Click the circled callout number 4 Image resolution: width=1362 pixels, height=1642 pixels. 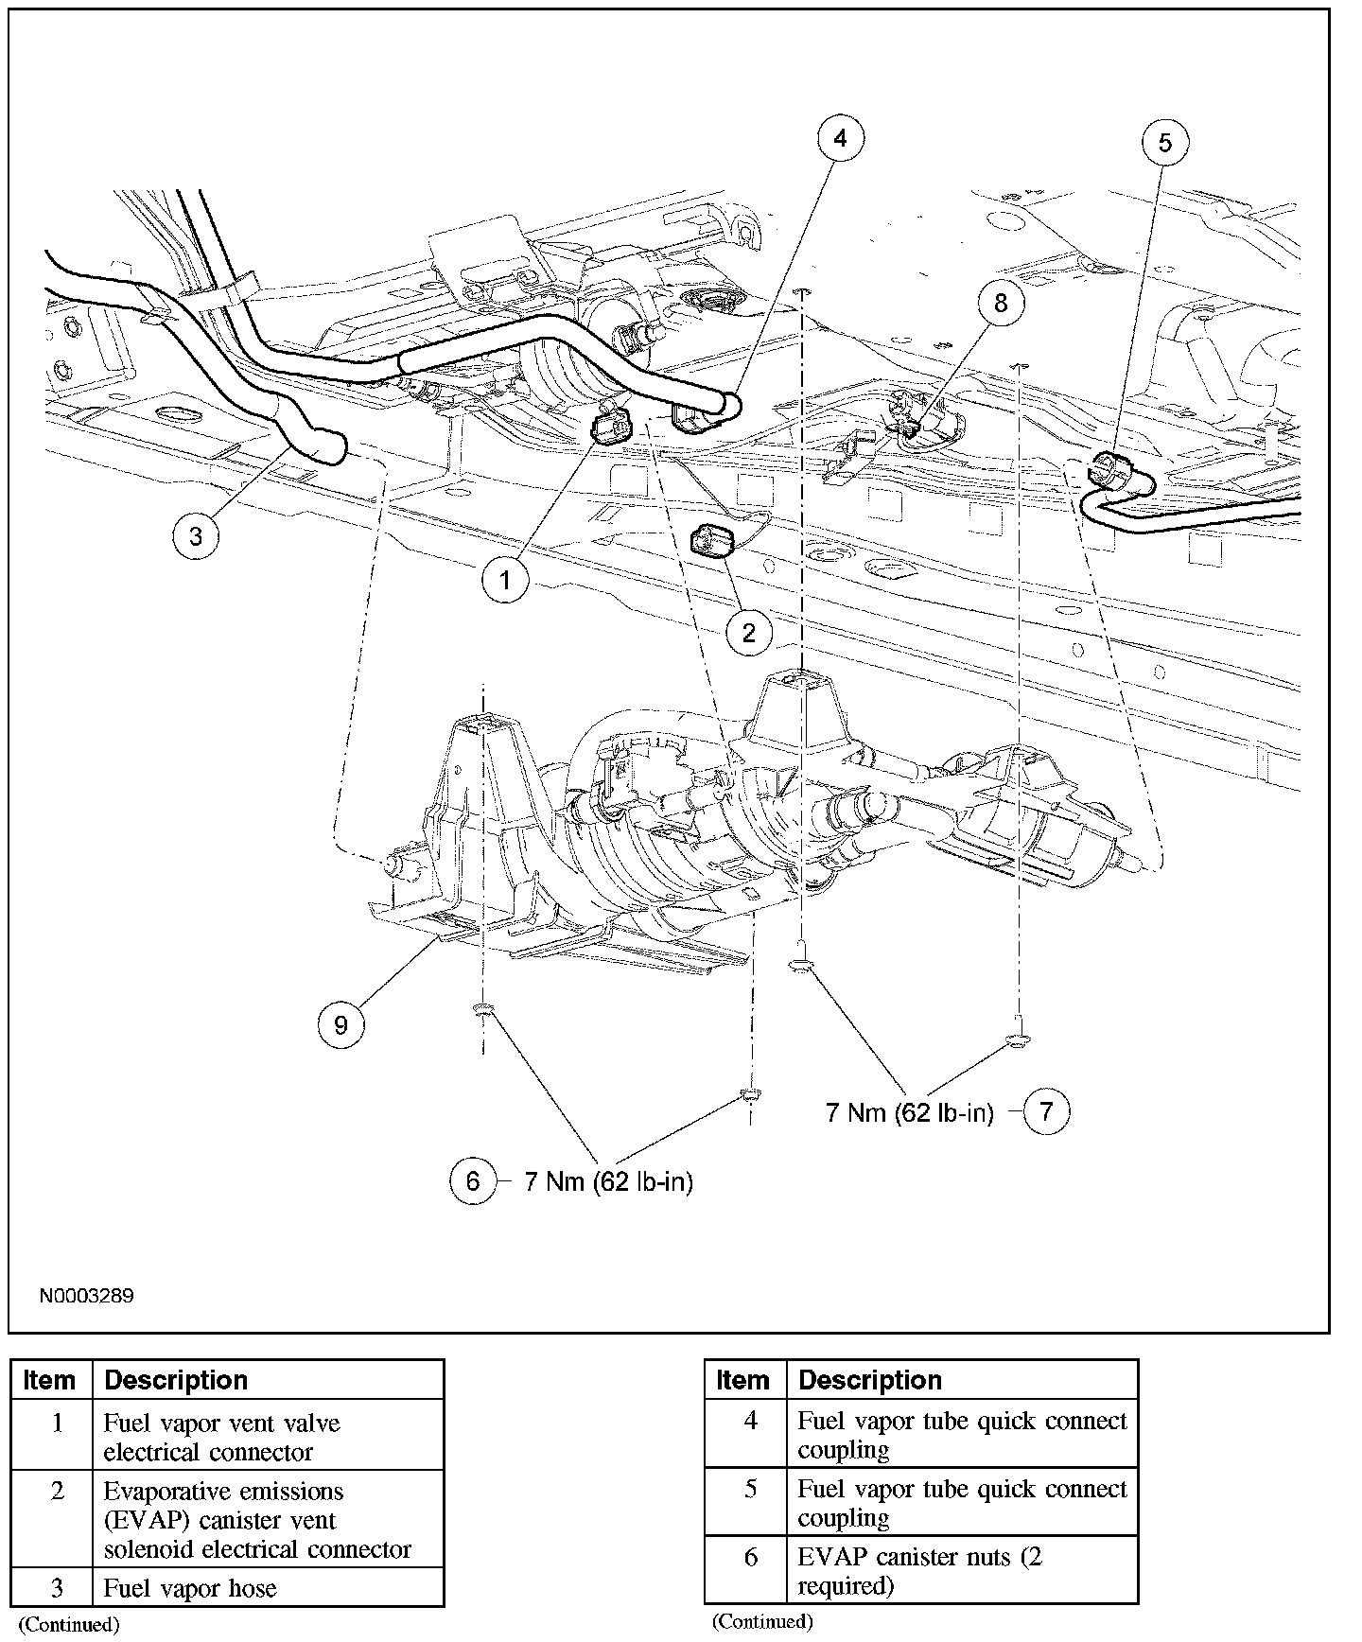(841, 139)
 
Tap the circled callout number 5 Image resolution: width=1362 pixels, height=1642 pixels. (1164, 142)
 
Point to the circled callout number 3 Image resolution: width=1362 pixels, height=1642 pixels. (196, 536)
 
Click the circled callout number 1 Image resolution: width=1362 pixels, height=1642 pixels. (505, 579)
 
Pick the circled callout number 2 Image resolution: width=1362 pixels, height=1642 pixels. (749, 632)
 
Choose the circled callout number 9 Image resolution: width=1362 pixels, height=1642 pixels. (340, 1024)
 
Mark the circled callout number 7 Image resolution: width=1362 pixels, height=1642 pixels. (1046, 1110)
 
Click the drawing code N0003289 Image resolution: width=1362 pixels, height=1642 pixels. (86, 1296)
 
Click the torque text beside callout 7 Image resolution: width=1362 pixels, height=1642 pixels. (910, 1112)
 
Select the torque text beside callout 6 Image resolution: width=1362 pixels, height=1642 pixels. (608, 1181)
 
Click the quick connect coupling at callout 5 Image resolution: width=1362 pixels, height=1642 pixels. (1105, 470)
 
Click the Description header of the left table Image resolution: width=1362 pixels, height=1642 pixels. (176, 1380)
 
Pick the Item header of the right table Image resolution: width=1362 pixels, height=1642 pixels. (743, 1380)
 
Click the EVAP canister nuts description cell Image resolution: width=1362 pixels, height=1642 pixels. (961, 1571)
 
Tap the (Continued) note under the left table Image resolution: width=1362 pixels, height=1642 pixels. (69, 1625)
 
